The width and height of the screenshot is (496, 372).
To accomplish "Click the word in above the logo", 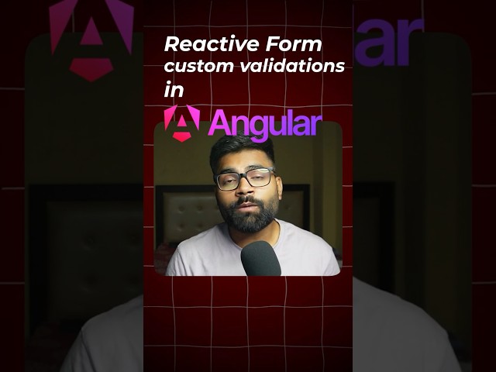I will pyautogui.click(x=174, y=90).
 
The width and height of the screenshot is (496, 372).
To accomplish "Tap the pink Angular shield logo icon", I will pyautogui.click(x=181, y=123).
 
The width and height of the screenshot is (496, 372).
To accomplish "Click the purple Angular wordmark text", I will pyautogui.click(x=264, y=125).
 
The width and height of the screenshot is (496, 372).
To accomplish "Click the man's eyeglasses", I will pyautogui.click(x=244, y=179).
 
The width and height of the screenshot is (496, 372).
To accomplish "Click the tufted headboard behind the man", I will pyautogui.click(x=186, y=209).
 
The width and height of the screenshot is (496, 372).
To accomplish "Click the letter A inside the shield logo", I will pyautogui.click(x=181, y=122).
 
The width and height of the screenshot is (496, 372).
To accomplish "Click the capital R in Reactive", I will pyautogui.click(x=172, y=44).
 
